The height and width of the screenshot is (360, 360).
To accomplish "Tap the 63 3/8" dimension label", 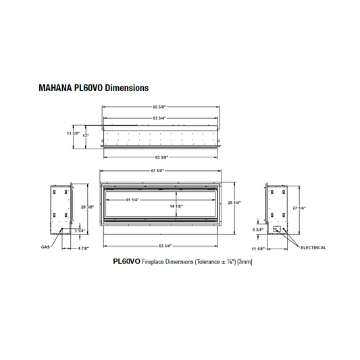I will [160, 157].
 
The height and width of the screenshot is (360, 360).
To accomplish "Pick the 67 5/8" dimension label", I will [160, 170].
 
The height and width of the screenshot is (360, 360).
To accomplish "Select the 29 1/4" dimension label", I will [235, 203].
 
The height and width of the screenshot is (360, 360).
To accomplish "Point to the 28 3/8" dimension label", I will [86, 207].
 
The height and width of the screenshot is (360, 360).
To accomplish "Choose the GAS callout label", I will [45, 247].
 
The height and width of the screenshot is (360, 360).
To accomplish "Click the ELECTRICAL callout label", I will [313, 247].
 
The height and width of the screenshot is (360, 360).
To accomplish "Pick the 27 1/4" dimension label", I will [300, 207].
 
